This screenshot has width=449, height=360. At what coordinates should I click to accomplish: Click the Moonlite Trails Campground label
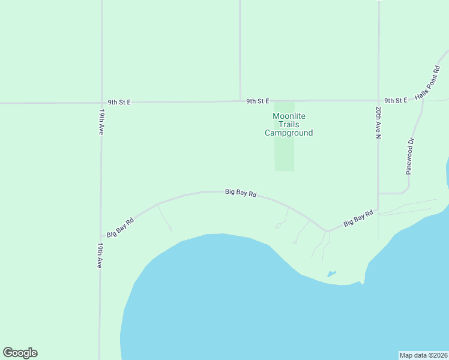[x=289, y=124]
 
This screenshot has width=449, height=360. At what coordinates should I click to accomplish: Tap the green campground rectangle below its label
[x=285, y=155]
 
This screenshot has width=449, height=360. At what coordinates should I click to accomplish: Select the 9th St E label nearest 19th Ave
[x=119, y=103]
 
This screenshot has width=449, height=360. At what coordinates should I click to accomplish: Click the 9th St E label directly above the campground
[x=258, y=101]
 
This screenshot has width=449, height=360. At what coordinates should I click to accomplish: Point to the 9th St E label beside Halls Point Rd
[x=396, y=100]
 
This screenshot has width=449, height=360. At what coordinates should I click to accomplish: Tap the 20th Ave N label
[x=379, y=124]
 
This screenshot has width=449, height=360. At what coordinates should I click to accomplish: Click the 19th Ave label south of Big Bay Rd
[x=100, y=255]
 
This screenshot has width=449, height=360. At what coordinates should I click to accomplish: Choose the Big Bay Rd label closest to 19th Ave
[x=120, y=226]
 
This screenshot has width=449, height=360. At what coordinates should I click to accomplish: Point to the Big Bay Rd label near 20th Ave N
[x=358, y=218]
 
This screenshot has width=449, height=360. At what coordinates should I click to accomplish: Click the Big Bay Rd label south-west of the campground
[x=241, y=193]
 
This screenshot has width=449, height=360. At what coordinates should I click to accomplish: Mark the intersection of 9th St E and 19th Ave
[x=101, y=103]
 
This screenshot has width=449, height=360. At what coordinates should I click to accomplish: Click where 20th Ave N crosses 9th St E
[x=379, y=100]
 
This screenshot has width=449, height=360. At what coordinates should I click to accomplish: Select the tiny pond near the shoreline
[x=331, y=274]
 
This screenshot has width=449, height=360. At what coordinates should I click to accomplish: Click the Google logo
[x=20, y=353]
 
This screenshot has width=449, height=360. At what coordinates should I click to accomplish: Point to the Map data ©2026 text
[x=423, y=355]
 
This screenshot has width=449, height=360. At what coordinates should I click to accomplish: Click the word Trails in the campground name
[x=289, y=124]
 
